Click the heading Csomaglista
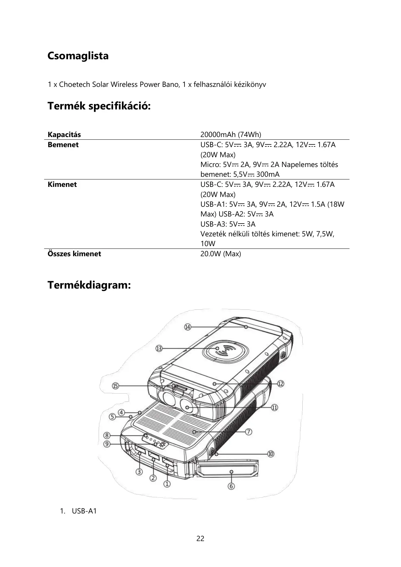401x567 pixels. (x=78, y=56)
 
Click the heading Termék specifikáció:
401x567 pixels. (x=99, y=106)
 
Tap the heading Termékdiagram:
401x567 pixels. (x=89, y=285)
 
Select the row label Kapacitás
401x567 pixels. (x=64, y=135)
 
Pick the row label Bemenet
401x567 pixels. (x=63, y=145)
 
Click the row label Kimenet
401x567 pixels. (x=62, y=185)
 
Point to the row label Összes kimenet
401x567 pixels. (x=74, y=254)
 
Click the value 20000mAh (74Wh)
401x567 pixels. (x=231, y=135)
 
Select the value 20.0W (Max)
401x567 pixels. (x=221, y=254)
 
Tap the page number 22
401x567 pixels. (x=200, y=538)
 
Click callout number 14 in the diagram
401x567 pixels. (x=188, y=327)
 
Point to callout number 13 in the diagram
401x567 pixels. (x=159, y=348)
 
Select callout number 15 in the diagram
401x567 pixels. (x=115, y=386)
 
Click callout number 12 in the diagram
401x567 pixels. (x=280, y=384)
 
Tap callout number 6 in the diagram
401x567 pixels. (x=231, y=486)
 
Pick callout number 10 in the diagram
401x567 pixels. (x=271, y=454)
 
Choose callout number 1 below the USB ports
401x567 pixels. (x=167, y=484)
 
